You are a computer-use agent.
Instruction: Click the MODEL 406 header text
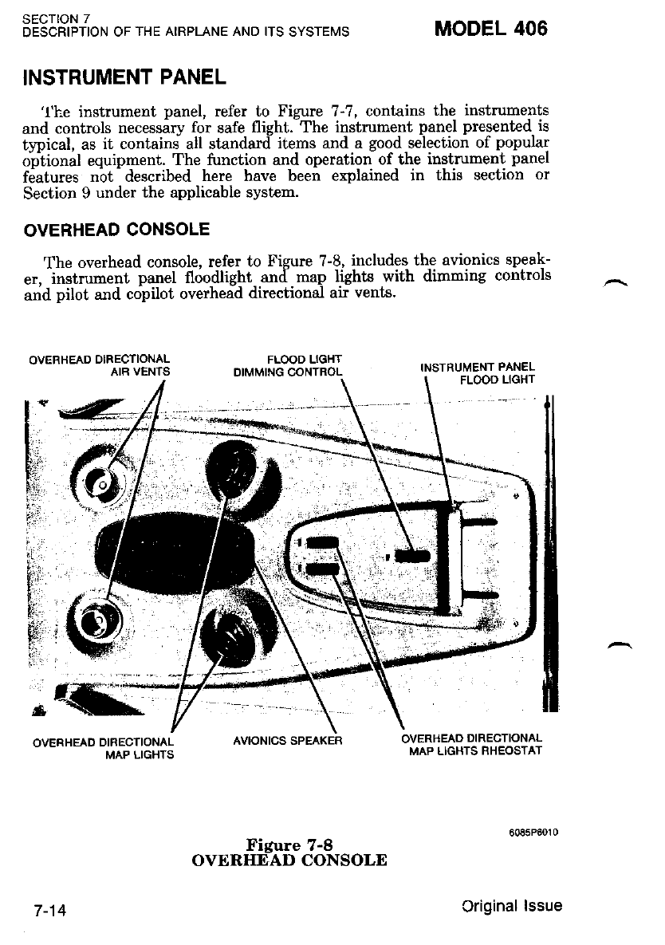click(x=490, y=29)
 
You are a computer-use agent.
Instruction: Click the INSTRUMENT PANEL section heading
click(x=126, y=78)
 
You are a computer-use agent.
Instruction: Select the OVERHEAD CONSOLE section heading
click(x=117, y=230)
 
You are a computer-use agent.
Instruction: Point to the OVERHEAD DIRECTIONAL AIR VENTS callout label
click(x=100, y=364)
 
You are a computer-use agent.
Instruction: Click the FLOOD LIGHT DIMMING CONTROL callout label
click(x=288, y=365)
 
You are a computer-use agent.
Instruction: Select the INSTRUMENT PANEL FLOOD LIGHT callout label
click(x=478, y=373)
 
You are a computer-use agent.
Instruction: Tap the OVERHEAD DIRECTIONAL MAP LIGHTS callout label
click(x=103, y=748)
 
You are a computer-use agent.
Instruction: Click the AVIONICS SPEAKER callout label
click(x=287, y=741)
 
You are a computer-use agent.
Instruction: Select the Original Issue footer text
click(x=511, y=906)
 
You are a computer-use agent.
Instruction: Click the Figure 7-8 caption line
click(x=289, y=845)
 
